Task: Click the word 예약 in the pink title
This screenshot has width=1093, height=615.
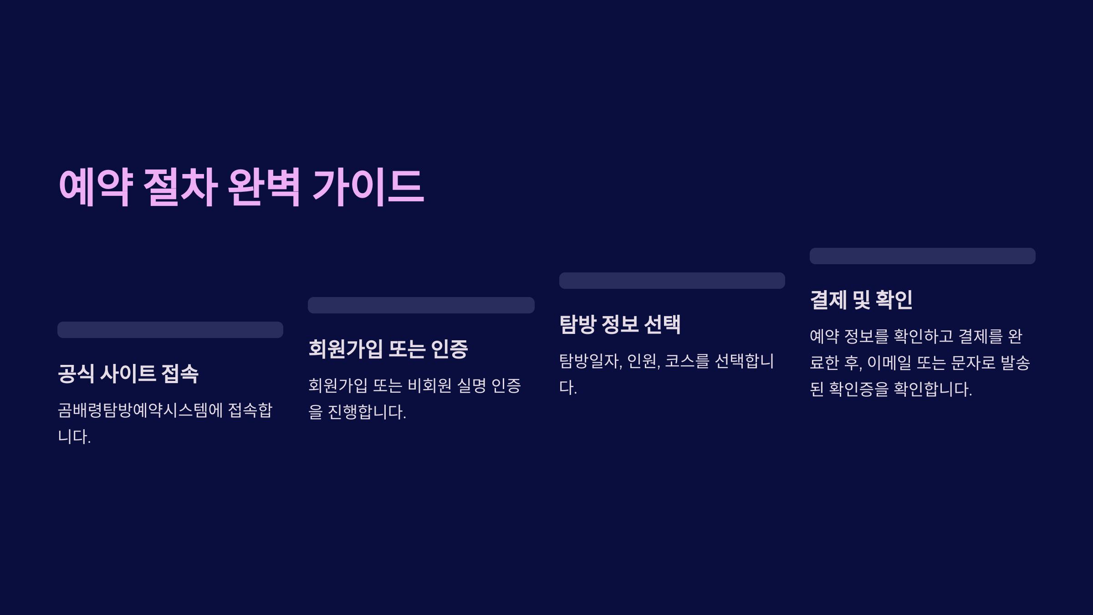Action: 96,187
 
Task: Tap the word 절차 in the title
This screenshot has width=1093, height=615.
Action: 180,187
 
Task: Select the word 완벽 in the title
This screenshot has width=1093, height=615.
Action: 264,187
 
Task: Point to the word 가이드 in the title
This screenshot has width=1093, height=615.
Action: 368,187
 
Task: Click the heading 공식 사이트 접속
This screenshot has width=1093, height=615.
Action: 128,374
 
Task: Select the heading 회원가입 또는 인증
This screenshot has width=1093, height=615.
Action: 388,349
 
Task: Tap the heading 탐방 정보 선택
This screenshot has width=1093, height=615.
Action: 620,324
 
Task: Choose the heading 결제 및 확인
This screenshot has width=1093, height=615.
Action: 861,300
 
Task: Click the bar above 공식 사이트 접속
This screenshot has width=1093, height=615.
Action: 170,330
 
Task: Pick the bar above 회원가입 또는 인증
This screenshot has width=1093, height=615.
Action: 421,305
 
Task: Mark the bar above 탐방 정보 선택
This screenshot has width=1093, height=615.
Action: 672,281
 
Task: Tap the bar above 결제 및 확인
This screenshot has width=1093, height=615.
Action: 923,256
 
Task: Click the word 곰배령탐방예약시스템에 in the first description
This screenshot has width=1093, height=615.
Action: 140,410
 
